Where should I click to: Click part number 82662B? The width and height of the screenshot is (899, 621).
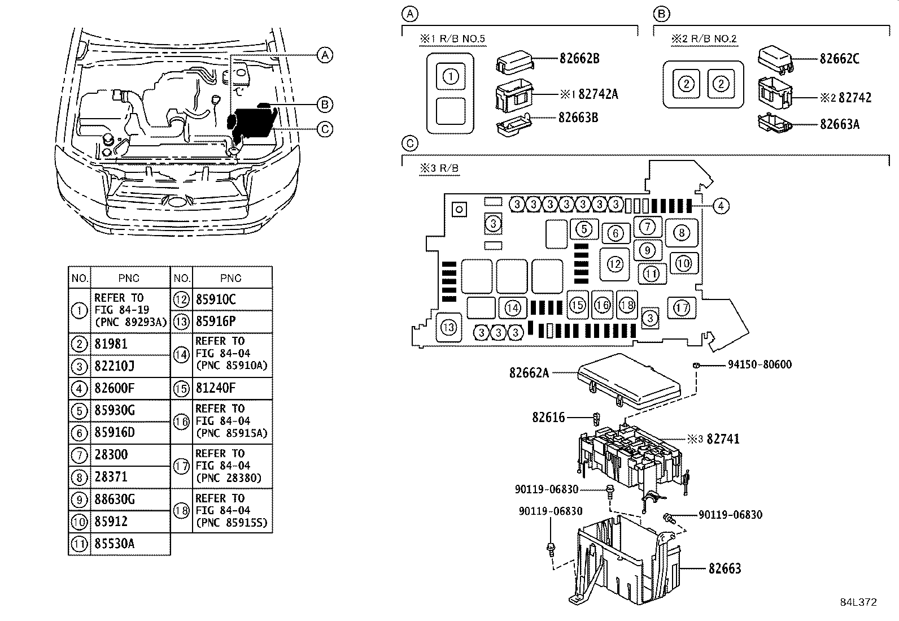579,58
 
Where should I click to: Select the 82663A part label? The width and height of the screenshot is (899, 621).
840,124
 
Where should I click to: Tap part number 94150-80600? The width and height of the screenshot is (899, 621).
759,365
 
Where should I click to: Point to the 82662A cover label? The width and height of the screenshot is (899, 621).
529,373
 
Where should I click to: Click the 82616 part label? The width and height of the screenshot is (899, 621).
548,418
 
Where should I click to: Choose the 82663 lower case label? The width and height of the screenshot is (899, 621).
725,568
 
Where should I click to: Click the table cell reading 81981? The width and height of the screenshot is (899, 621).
111,344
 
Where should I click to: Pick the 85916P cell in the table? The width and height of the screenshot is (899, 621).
216,322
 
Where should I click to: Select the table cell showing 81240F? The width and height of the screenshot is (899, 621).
216,389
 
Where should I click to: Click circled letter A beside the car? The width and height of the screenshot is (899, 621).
324,55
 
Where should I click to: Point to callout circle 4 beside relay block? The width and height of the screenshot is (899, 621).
721,206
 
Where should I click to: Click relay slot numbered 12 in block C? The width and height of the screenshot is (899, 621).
615,264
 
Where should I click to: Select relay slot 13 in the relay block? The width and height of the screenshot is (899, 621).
449,328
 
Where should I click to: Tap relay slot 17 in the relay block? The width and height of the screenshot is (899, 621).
682,308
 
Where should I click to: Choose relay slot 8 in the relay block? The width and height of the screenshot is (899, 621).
682,233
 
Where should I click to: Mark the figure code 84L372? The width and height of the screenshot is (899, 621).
858,602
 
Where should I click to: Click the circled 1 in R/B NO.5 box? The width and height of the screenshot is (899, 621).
451,76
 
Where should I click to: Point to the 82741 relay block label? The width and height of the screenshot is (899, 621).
723,439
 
